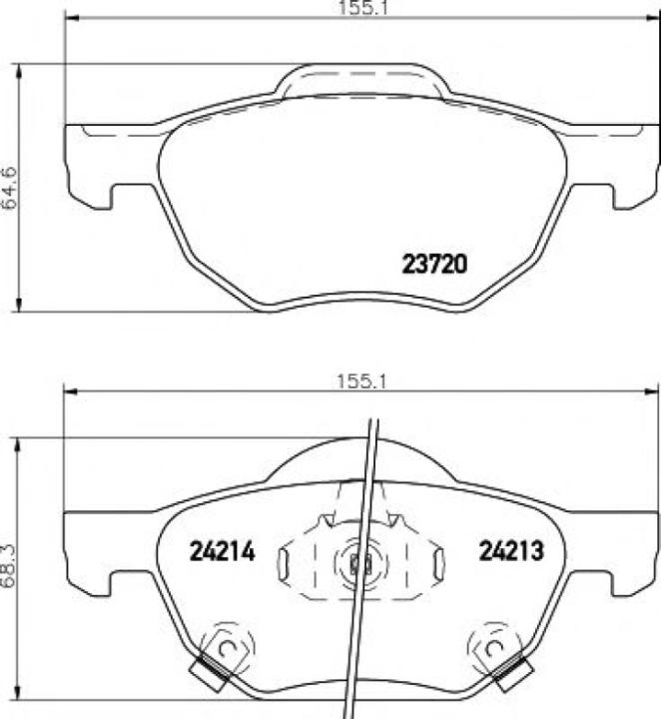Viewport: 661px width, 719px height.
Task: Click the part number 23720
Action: coord(434,265)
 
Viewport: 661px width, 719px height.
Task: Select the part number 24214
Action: coord(223,550)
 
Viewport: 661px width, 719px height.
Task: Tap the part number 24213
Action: coord(509,550)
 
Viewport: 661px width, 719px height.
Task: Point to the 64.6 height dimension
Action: coord(11,187)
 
